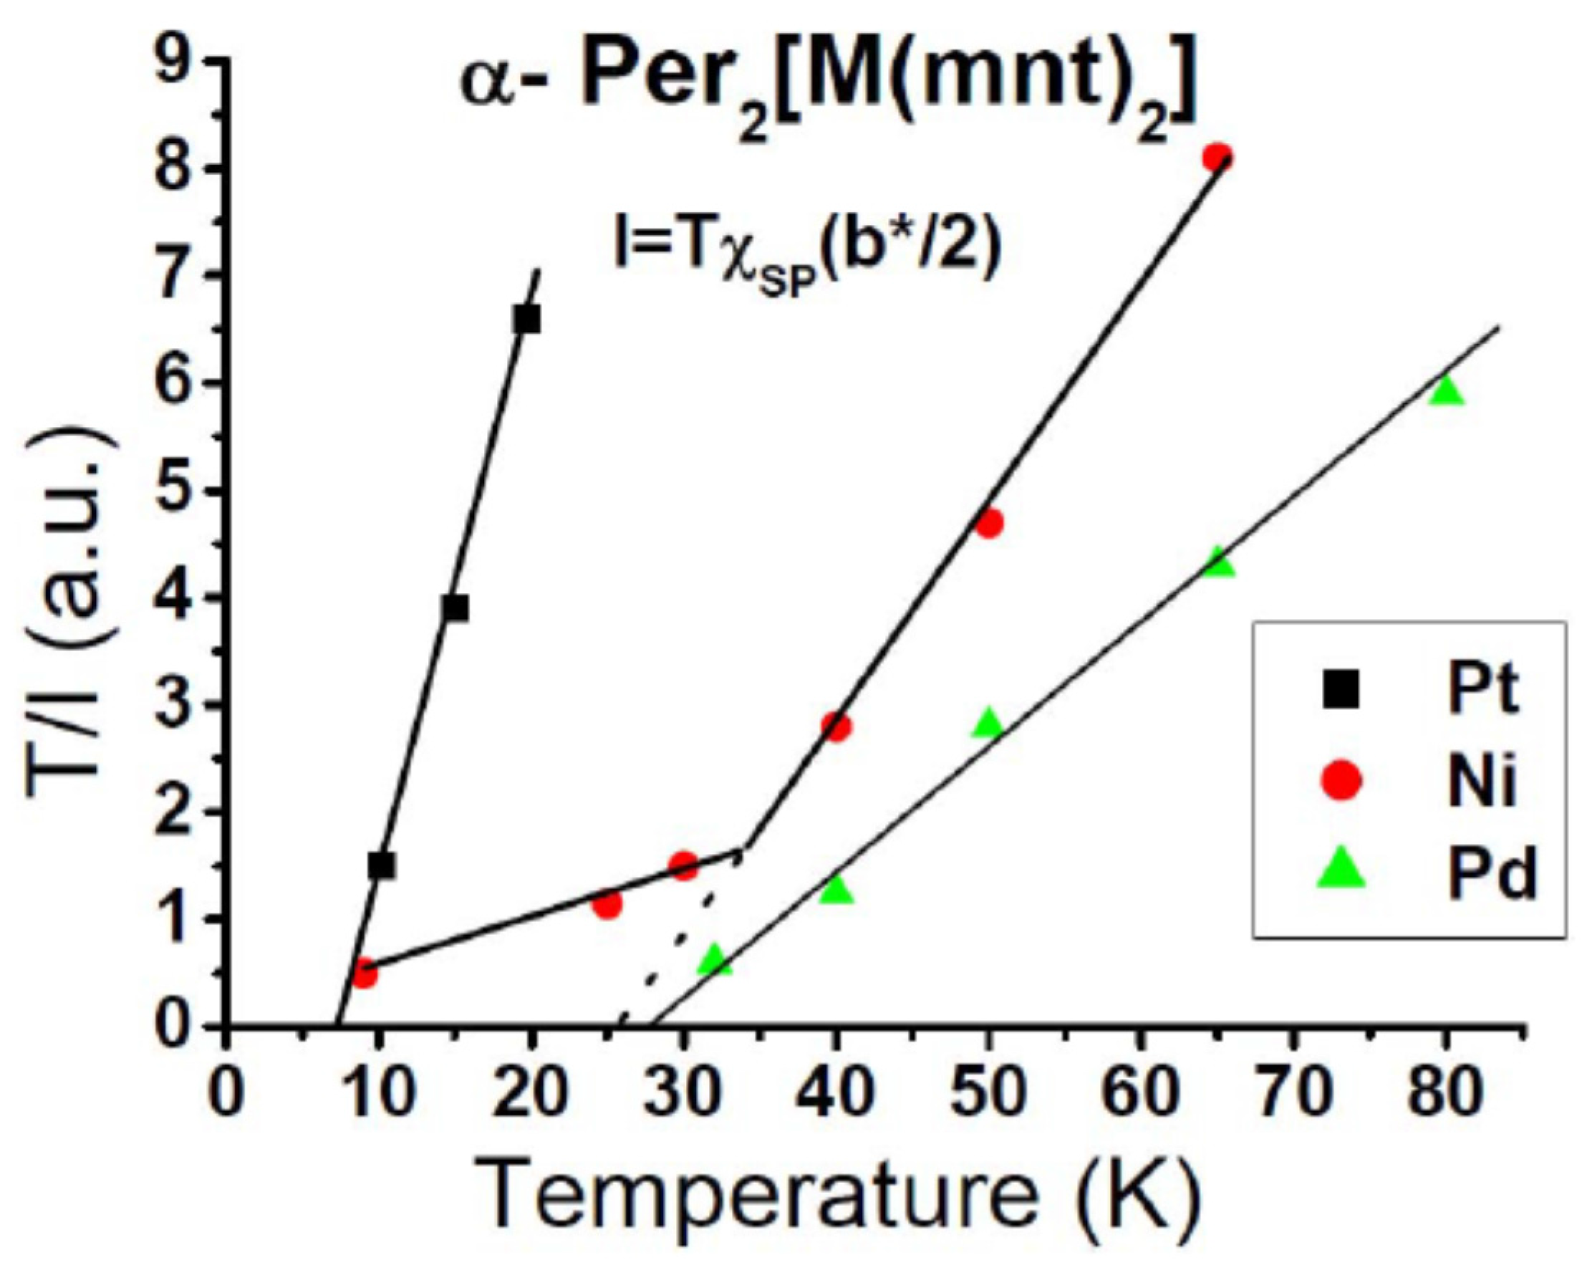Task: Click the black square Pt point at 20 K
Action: pyautogui.click(x=527, y=320)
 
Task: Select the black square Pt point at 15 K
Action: pyautogui.click(x=455, y=608)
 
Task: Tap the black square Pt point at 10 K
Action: pyautogui.click(x=381, y=866)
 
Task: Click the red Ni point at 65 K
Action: pyautogui.click(x=1217, y=157)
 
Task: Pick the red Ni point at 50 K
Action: pyautogui.click(x=989, y=524)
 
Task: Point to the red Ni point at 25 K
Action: pyautogui.click(x=607, y=903)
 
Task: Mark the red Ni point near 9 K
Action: pyautogui.click(x=363, y=976)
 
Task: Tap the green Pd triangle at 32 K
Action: pyautogui.click(x=714, y=960)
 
